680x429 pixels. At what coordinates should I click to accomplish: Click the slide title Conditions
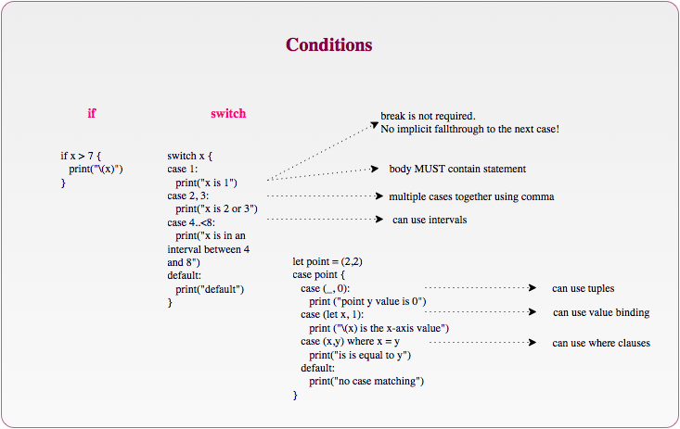coord(329,45)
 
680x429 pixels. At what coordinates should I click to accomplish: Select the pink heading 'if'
coord(92,114)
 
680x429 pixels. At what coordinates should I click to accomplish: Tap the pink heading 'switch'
coord(228,114)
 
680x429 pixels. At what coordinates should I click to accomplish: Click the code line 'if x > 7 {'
coord(81,157)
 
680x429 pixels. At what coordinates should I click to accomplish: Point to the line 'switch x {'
coord(190,157)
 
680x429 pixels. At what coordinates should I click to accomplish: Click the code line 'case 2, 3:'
coord(188,196)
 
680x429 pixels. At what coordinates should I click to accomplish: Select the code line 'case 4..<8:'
coord(191,222)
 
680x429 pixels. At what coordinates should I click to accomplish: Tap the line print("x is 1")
coord(207,183)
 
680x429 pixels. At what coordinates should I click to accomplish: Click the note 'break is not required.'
coord(428,116)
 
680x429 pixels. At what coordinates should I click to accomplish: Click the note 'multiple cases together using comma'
coord(471,196)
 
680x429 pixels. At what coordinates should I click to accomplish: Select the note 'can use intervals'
coord(430,221)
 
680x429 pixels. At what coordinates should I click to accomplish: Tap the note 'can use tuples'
coord(583,289)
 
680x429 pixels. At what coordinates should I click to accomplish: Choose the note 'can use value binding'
coord(601,313)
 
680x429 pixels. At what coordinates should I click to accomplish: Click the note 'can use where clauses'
coord(601,344)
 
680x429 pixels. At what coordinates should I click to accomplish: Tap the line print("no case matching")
coord(366,382)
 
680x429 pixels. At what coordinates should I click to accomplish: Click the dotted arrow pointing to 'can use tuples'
coord(479,289)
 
